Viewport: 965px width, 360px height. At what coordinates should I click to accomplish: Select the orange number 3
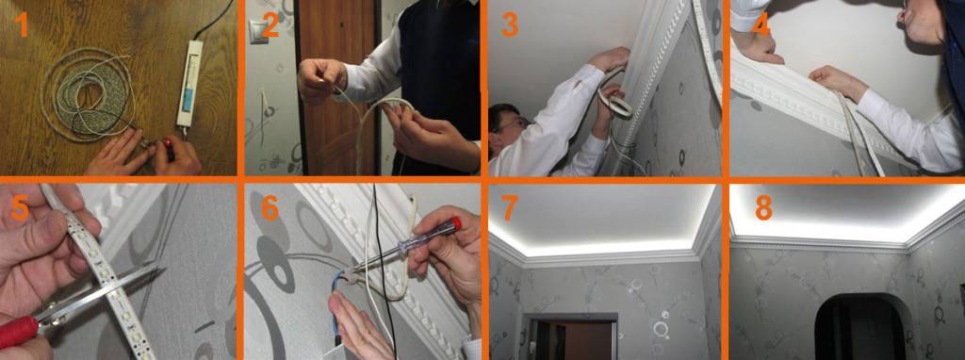click(x=510, y=25)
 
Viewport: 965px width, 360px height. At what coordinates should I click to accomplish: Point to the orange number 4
click(x=761, y=25)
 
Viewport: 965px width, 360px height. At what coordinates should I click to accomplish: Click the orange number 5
click(x=20, y=208)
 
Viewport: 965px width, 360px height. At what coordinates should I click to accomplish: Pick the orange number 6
click(x=270, y=208)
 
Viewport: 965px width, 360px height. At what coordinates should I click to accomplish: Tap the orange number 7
click(x=509, y=208)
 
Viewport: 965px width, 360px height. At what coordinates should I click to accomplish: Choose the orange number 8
click(x=763, y=208)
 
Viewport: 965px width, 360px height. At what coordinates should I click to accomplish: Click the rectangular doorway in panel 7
click(x=570, y=337)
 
